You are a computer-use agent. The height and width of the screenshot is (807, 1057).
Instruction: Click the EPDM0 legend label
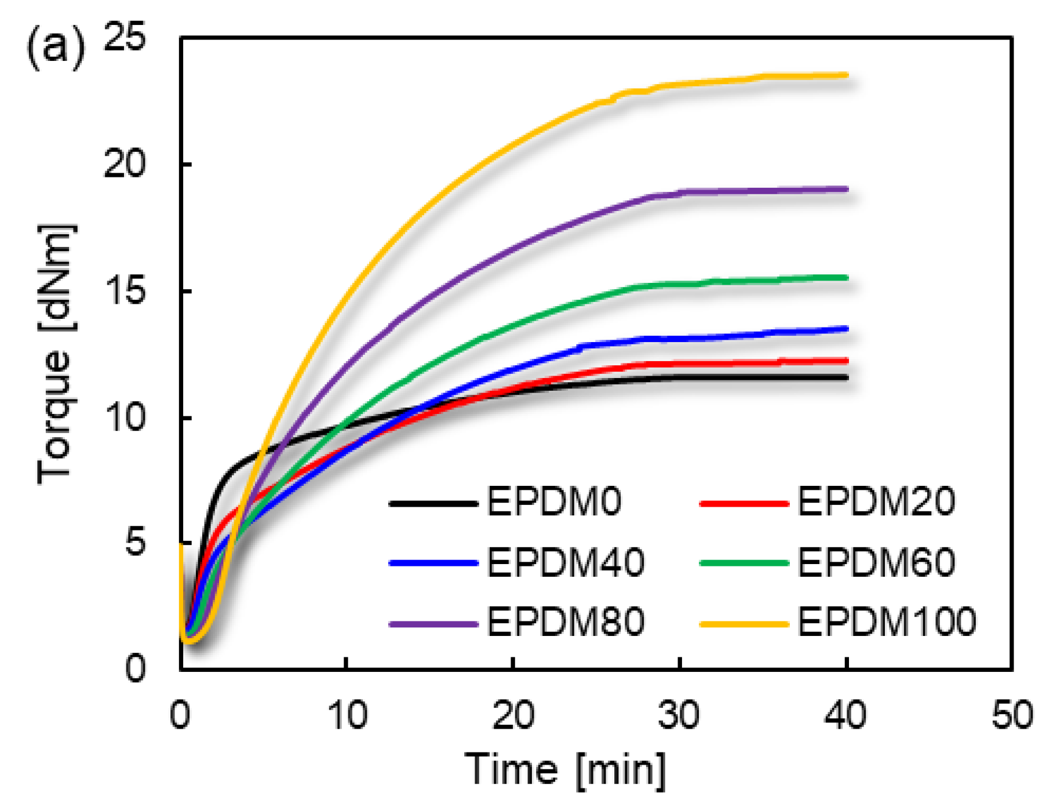pos(554,501)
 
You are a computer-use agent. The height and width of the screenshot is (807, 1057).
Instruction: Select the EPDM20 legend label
pos(876,501)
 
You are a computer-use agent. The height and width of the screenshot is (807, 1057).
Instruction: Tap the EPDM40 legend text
pos(566,562)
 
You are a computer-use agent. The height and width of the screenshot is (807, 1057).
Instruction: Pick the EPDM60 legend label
pos(876,562)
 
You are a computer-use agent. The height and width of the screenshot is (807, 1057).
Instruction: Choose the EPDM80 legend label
pos(566,622)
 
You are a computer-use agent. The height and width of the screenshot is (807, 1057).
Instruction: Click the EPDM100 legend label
pos(887,622)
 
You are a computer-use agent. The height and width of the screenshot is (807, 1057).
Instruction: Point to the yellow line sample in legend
pos(744,624)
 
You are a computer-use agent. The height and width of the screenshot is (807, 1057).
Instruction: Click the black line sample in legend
pos(433,504)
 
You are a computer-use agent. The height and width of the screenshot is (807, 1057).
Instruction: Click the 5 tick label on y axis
pos(134,543)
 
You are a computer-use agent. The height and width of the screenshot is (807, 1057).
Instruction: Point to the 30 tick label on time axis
pos(679,715)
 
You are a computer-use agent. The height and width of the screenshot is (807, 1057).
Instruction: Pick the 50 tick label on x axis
pos(1012,715)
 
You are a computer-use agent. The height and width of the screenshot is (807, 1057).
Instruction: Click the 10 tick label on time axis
pos(347,715)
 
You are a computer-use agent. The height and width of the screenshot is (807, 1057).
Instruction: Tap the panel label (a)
pos(55,48)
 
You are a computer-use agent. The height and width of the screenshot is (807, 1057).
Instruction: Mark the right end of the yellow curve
pos(846,75)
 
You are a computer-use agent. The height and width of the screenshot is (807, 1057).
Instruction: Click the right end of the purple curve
pos(846,189)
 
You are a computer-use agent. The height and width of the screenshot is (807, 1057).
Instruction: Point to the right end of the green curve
pos(846,278)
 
